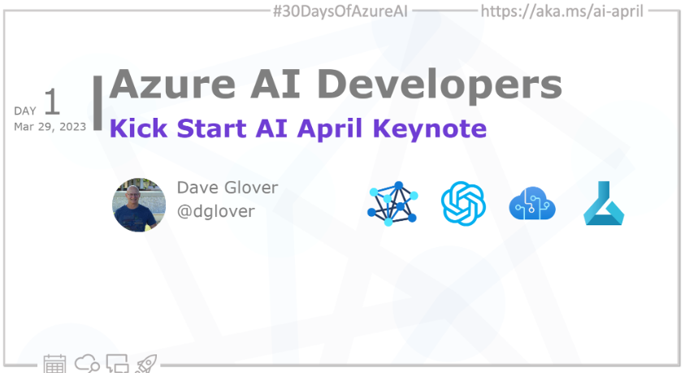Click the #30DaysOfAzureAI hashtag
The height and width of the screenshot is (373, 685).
(x=340, y=11)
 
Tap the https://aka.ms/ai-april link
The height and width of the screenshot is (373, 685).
(x=561, y=11)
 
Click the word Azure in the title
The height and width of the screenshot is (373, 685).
(x=172, y=84)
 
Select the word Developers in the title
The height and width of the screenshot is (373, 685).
(x=440, y=86)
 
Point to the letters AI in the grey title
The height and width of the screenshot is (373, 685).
(x=275, y=84)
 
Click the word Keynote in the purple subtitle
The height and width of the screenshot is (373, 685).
(x=429, y=129)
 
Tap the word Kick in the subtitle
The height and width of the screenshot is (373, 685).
(x=138, y=128)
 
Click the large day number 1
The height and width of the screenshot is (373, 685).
(x=51, y=102)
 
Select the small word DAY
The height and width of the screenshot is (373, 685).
(x=25, y=111)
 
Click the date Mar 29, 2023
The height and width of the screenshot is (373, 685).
(x=50, y=127)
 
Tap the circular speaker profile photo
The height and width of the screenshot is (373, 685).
(x=139, y=205)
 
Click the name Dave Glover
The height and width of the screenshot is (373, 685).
(x=228, y=188)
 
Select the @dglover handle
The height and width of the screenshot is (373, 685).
(x=216, y=211)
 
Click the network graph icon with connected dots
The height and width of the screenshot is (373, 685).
(x=392, y=203)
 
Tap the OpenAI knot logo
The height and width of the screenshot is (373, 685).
(x=463, y=203)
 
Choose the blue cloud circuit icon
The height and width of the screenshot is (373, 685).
(x=532, y=203)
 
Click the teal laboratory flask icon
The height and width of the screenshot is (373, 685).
(x=604, y=203)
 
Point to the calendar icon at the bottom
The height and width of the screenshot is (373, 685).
(x=54, y=363)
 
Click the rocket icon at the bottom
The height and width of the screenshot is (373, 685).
(x=146, y=363)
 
